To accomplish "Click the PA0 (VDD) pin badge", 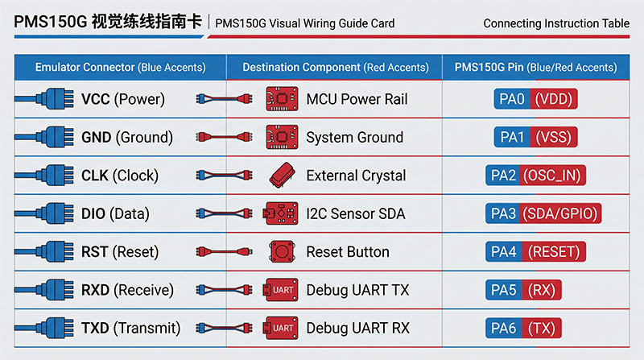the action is [535, 98].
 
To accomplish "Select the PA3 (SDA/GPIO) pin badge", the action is [543, 213].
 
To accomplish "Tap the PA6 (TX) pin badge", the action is [523, 328].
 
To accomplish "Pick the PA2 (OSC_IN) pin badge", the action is [535, 176].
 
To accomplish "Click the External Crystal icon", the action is [283, 175].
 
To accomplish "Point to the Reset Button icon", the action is [282, 251].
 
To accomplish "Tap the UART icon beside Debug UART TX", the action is [280, 290].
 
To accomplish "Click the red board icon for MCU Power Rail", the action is [282, 98].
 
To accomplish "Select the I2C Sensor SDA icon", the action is [280, 213].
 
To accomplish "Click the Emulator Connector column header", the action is [120, 68].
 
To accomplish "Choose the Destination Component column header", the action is [336, 68].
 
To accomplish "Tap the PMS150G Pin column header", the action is [535, 68].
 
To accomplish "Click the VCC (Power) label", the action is [123, 99].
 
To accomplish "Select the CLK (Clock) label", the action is [119, 176].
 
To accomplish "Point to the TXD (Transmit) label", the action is [130, 329].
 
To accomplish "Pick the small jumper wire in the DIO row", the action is [224, 213].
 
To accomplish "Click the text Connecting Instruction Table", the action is [556, 23].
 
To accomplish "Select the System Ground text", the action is [354, 137].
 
